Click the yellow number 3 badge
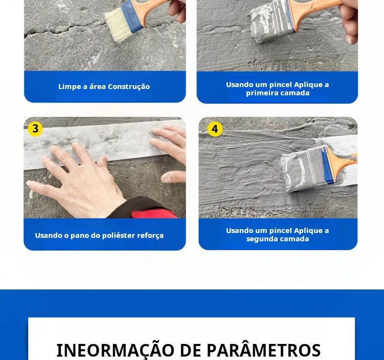point(35,129)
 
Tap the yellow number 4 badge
point(215,129)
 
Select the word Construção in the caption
point(129,87)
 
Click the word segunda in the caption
point(260,239)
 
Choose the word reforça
point(150,236)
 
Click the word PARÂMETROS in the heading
point(264,350)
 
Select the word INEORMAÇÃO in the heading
point(115,350)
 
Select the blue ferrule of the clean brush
point(132,17)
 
